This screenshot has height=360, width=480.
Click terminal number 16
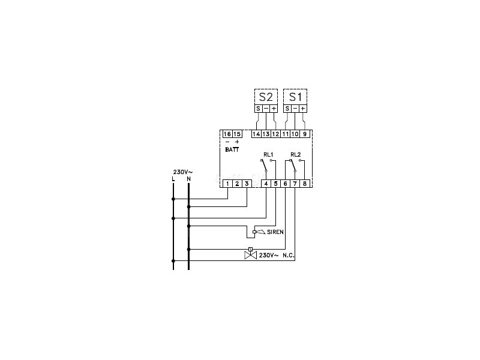click(x=227, y=134)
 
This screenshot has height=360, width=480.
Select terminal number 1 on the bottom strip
click(x=228, y=184)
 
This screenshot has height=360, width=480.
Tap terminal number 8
click(x=305, y=184)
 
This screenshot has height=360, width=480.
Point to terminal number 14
click(x=256, y=134)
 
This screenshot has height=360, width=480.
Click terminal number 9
click(x=305, y=134)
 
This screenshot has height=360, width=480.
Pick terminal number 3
click(x=247, y=184)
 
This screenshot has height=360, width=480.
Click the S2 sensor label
click(x=266, y=97)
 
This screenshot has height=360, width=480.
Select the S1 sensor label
click(x=295, y=97)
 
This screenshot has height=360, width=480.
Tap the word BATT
click(x=232, y=149)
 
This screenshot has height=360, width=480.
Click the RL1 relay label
click(x=268, y=155)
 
